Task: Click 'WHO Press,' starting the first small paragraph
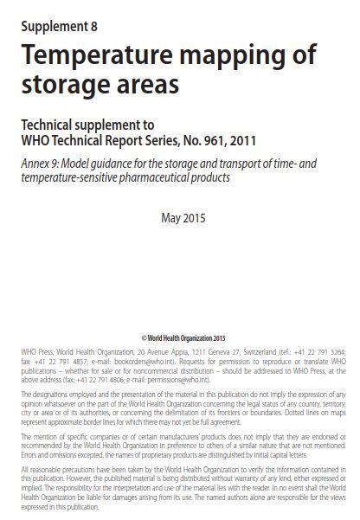coord(34,353)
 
